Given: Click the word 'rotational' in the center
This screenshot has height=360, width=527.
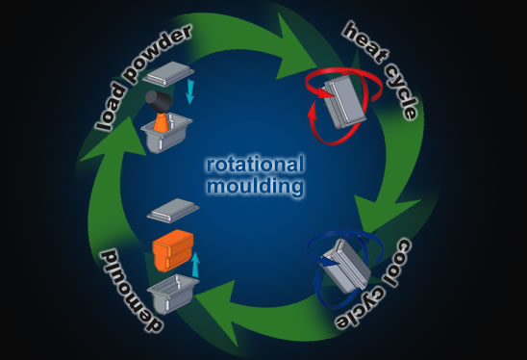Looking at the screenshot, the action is [255, 165].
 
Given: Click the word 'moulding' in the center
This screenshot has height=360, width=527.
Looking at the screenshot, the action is [255, 186].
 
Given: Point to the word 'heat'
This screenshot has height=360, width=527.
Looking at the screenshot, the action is [366, 42].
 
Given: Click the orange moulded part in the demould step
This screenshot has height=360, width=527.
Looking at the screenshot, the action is [173, 250].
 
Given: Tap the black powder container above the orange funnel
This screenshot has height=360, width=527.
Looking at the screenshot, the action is [159, 101].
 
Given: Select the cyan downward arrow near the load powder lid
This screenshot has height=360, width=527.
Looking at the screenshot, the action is [189, 91].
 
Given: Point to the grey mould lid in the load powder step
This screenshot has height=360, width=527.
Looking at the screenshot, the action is [168, 72].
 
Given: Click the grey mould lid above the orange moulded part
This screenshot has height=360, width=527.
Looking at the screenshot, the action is [173, 210].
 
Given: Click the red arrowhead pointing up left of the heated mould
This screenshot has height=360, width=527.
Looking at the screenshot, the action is [312, 110].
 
